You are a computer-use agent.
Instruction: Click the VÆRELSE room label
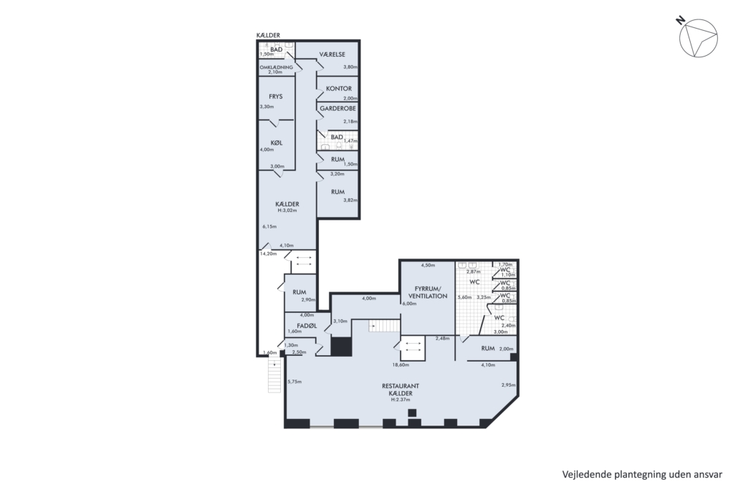click(x=332, y=54)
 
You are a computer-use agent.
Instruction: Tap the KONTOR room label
click(x=339, y=88)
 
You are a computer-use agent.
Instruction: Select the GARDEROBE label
click(x=338, y=108)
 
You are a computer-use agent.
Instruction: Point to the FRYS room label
click(x=276, y=97)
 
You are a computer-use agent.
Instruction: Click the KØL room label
click(x=277, y=143)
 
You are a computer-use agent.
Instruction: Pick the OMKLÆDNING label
click(x=277, y=67)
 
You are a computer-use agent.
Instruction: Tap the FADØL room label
click(x=307, y=326)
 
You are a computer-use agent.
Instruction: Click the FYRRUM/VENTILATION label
click(x=428, y=292)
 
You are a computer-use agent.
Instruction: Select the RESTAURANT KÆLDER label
click(x=401, y=390)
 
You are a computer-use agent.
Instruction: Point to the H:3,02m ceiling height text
click(x=287, y=211)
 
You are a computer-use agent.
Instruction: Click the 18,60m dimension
click(x=401, y=365)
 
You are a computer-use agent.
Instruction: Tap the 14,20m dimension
click(x=268, y=254)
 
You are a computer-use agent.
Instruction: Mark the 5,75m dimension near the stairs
click(x=294, y=382)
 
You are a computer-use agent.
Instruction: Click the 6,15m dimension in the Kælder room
click(x=269, y=226)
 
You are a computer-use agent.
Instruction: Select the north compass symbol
click(x=698, y=38)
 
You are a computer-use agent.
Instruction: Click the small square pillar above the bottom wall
click(x=412, y=413)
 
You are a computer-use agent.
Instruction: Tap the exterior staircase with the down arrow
click(x=274, y=375)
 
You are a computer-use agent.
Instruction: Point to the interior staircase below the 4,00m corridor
click(x=384, y=325)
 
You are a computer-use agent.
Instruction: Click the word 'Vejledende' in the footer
click(x=586, y=474)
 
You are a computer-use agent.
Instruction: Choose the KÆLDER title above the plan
click(x=268, y=35)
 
